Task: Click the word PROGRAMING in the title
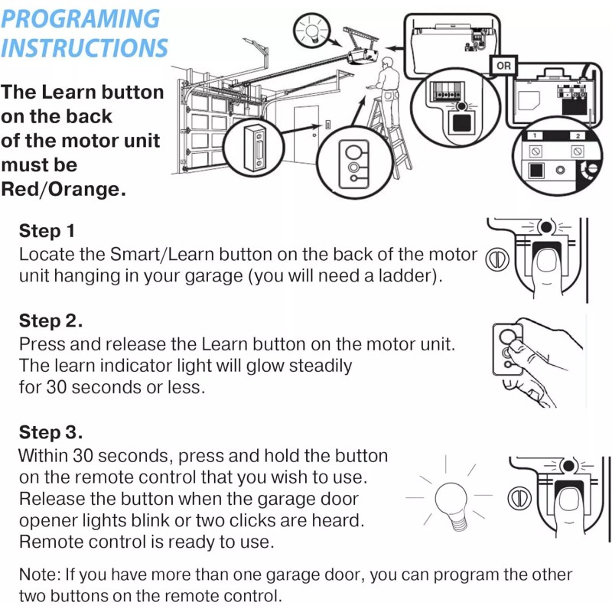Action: point(80,18)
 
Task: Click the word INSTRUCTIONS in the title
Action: point(84,47)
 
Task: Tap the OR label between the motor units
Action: point(503,66)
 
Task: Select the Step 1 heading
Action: point(47,231)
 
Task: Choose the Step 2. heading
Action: point(50,321)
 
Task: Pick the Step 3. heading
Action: point(50,432)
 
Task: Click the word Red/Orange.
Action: point(63,189)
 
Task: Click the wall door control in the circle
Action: point(255,148)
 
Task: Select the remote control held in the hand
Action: point(508,350)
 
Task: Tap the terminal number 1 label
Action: point(535,135)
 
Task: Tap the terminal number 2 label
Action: point(578,136)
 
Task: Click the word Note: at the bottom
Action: point(40,575)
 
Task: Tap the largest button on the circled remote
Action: point(353,151)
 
